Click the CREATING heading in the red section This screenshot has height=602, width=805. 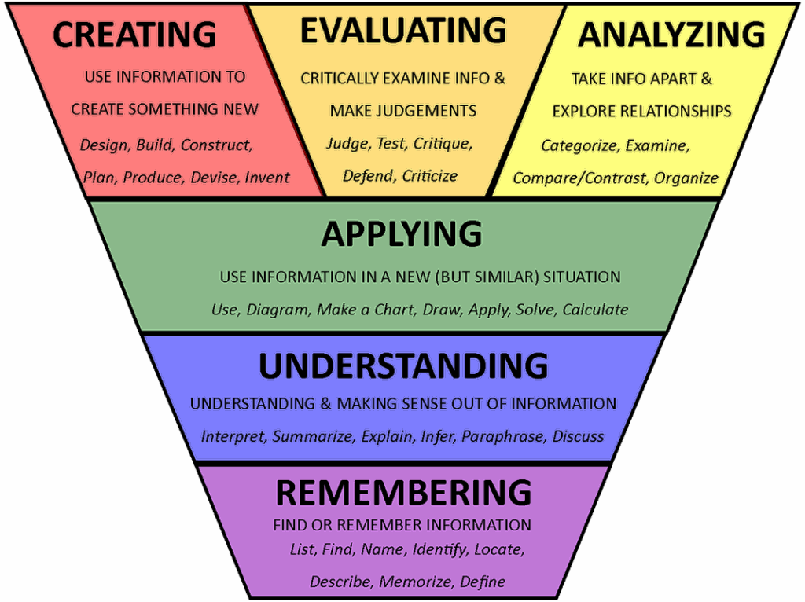pyautogui.click(x=134, y=35)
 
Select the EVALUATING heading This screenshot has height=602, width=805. pyautogui.click(x=403, y=31)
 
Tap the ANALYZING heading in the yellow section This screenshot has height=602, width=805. pyautogui.click(x=671, y=35)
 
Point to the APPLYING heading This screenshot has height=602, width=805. pyautogui.click(x=402, y=233)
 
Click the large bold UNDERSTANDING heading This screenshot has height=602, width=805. pyautogui.click(x=403, y=366)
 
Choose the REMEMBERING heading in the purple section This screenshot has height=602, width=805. pyautogui.click(x=403, y=492)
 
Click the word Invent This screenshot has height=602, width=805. pyautogui.click(x=267, y=178)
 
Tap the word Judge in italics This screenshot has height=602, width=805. pyautogui.click(x=348, y=144)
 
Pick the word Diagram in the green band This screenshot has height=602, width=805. pyautogui.click(x=278, y=310)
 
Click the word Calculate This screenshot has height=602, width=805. pyautogui.click(x=596, y=310)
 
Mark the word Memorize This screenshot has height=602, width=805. pyautogui.click(x=416, y=582)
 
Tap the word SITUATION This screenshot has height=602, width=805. pyautogui.click(x=582, y=277)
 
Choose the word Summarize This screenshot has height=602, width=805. pyautogui.click(x=313, y=436)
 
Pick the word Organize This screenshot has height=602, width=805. pyautogui.click(x=686, y=178)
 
